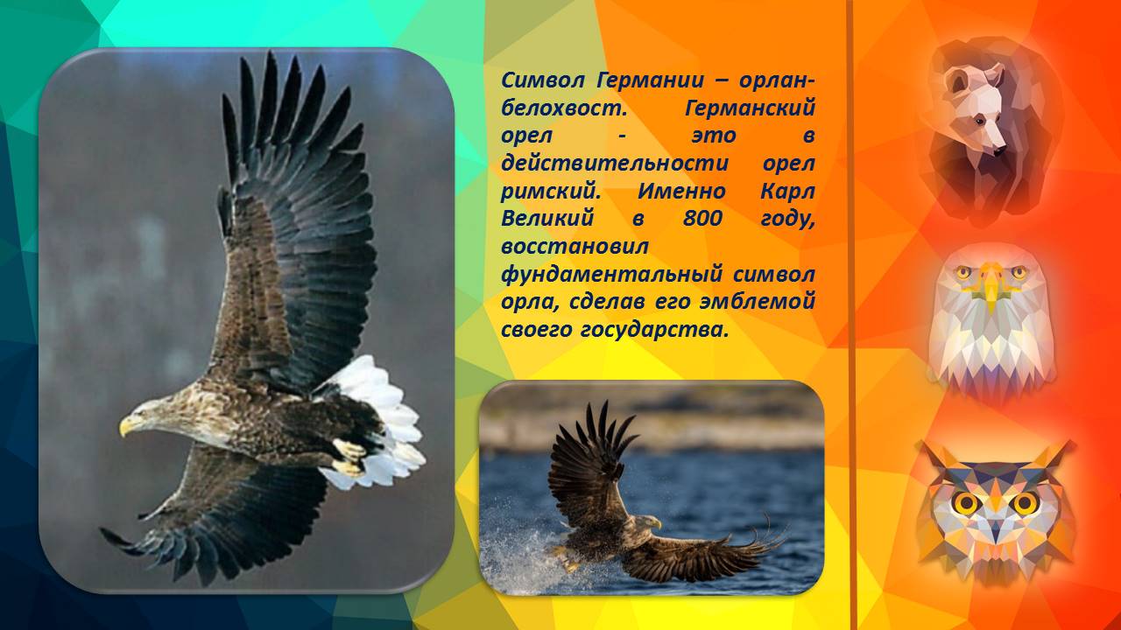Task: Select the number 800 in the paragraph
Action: pyautogui.click(x=702, y=219)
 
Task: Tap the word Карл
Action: pyautogui.click(x=787, y=192)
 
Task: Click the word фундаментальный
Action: pyautogui.click(x=611, y=276)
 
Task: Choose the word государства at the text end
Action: pyautogui.click(x=654, y=331)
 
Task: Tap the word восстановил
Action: pyautogui.click(x=575, y=247)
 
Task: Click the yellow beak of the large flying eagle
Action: pyautogui.click(x=126, y=425)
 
